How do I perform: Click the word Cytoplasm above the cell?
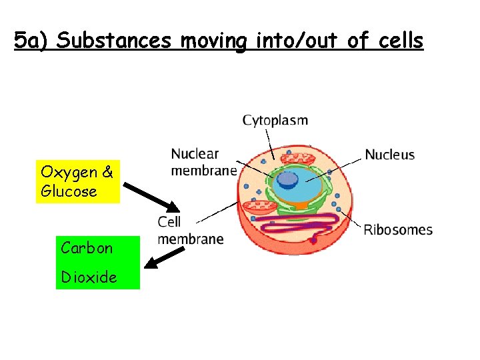[x=275, y=121]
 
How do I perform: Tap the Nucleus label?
[x=389, y=155]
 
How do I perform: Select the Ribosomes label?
[x=397, y=230]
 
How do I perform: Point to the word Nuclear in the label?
[x=195, y=154]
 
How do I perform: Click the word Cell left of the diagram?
[x=169, y=221]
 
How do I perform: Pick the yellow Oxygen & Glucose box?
[x=77, y=182]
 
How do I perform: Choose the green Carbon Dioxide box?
[x=97, y=262]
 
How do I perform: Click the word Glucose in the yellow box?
[x=69, y=192]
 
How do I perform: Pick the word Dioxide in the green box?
[x=89, y=277]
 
